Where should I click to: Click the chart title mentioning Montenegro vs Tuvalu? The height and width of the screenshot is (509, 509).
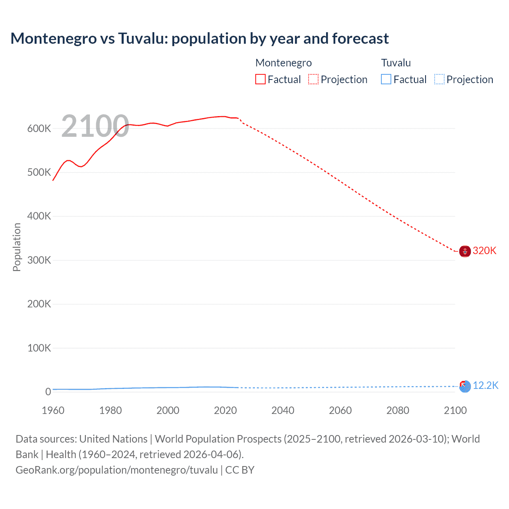click(x=200, y=39)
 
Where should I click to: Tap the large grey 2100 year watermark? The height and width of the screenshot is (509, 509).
click(x=95, y=126)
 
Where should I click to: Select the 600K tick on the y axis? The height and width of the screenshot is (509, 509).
click(x=39, y=128)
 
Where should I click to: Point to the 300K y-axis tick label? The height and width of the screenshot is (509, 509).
click(x=39, y=260)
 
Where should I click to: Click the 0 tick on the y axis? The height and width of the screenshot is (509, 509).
click(x=48, y=392)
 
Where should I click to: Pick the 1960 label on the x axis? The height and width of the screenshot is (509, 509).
click(x=53, y=410)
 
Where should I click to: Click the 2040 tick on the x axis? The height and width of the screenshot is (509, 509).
click(x=283, y=410)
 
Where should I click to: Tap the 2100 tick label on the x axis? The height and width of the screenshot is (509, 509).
click(x=455, y=410)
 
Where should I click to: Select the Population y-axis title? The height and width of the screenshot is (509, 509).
click(x=17, y=247)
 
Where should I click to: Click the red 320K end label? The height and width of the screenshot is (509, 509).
click(x=484, y=251)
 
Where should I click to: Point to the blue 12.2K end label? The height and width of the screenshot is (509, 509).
click(x=485, y=385)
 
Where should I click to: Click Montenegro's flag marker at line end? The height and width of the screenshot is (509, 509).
click(x=465, y=251)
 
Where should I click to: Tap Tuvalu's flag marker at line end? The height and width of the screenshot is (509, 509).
click(x=465, y=386)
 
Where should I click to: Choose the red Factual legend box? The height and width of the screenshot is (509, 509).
click(x=260, y=80)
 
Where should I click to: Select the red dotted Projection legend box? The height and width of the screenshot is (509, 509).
click(x=313, y=80)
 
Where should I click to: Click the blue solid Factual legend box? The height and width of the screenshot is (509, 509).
click(x=386, y=80)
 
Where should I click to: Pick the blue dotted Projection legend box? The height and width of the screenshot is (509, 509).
click(x=439, y=80)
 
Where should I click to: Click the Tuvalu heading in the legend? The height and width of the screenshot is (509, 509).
click(x=396, y=63)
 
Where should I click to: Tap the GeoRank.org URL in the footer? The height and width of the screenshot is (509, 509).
click(x=117, y=470)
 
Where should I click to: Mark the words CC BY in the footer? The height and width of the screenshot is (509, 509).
click(x=240, y=470)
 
